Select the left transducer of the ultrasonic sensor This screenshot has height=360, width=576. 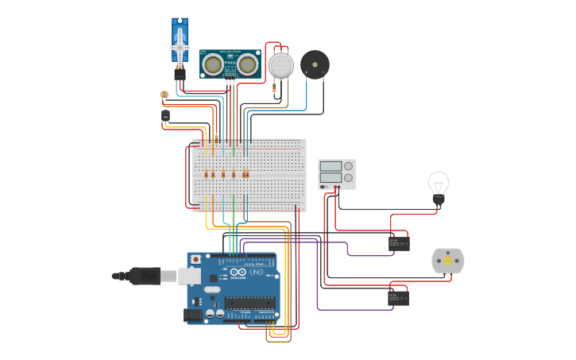point(212,64)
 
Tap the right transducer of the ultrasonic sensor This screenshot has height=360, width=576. point(249,64)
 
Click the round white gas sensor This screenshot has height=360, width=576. point(280,65)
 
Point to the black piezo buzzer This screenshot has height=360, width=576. point(315,64)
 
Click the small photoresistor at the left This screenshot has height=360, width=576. point(164,95)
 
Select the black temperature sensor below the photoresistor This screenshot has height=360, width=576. point(165,116)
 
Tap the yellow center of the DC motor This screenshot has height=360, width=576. point(447,261)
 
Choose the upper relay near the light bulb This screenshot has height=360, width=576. point(399,243)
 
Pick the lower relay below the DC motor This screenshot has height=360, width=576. point(398,298)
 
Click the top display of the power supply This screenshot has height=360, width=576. point(331,166)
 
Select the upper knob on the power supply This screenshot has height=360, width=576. point(348,166)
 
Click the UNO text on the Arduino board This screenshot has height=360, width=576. point(256,272)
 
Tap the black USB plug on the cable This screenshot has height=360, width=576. point(144,276)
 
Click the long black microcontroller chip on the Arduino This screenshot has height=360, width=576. point(249,302)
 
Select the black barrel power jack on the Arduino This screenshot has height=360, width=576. point(193,315)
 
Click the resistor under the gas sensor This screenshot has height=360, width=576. point(275,89)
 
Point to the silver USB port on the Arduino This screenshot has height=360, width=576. point(189,276)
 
